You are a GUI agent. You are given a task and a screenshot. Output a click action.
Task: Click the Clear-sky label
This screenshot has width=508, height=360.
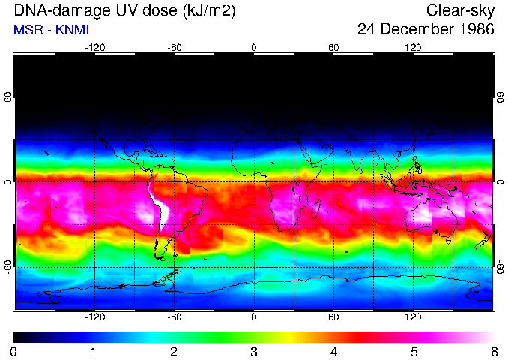point(460,10)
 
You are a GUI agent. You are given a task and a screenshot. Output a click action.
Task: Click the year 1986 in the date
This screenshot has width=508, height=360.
point(477,30)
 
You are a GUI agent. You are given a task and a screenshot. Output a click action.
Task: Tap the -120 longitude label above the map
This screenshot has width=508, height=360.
point(94,47)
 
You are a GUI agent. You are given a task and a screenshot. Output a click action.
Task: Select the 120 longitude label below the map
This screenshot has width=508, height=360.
point(413,317)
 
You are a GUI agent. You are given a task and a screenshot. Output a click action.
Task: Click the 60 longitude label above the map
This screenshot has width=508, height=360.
point(333,47)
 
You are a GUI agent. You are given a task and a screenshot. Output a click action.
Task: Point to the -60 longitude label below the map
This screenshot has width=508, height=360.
point(175,317)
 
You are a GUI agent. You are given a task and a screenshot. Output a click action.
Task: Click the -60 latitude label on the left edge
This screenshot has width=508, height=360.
point(8,267)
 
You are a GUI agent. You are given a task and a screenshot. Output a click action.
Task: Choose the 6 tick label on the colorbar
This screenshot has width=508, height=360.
point(493,351)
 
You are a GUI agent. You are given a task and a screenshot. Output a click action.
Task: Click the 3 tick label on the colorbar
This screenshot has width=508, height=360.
point(253,351)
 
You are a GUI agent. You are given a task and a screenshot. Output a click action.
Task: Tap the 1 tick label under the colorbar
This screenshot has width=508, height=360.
point(94,351)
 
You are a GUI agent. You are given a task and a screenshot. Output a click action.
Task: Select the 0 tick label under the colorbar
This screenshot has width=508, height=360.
point(13,351)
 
